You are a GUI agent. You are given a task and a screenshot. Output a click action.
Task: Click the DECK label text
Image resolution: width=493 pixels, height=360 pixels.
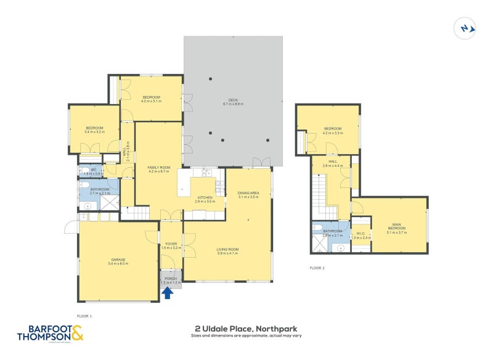tap(232, 100)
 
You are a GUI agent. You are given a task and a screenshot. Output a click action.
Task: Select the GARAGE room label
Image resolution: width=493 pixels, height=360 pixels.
tap(118, 259)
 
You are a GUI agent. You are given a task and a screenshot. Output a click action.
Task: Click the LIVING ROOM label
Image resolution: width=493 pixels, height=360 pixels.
tap(227, 249)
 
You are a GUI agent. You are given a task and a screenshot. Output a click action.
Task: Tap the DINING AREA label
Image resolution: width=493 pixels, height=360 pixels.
tap(248, 193)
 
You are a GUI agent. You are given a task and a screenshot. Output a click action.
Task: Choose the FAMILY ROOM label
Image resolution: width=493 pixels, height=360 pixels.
tap(158, 167)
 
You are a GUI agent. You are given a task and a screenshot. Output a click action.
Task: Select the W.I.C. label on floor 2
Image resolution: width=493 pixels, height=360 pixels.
tap(361, 234)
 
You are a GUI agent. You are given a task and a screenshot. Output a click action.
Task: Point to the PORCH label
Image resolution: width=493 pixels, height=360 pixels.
tap(171, 279)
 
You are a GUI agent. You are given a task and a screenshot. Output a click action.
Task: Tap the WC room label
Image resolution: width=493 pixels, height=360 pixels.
tap(94, 170)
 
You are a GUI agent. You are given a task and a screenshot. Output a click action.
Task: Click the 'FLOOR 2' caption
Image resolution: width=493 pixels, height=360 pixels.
tap(317, 268)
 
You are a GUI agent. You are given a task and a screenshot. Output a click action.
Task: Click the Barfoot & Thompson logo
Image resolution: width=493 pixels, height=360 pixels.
tap(49, 333)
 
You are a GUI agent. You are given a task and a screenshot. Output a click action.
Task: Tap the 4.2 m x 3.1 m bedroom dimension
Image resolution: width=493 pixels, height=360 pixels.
tap(151, 101)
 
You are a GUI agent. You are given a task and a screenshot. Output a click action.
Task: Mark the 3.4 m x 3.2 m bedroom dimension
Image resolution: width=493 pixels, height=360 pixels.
tap(94, 132)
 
